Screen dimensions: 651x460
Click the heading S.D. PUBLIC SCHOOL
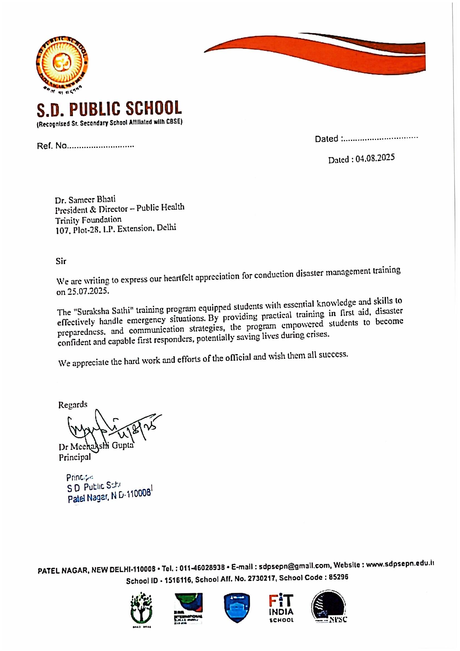[x=109, y=109]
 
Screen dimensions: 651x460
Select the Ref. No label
[x=52, y=146]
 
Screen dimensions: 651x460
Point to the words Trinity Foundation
[x=88, y=220]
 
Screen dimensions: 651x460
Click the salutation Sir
[x=61, y=261]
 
